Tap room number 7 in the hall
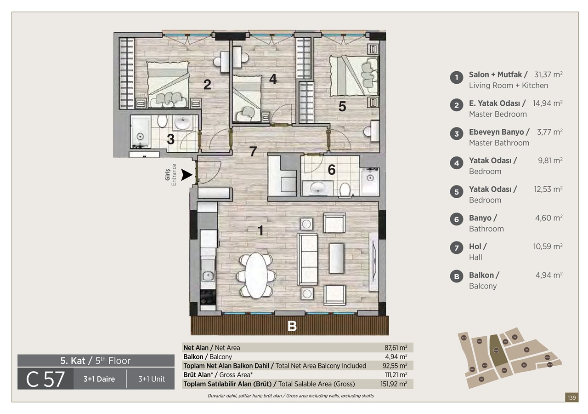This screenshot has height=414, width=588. coord(253,151)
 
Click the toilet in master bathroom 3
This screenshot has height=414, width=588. coord(162,121)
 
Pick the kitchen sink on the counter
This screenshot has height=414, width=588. coord(208,276)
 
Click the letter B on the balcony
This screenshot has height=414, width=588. coord(292,326)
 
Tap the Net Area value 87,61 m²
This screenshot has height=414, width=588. coord(396,348)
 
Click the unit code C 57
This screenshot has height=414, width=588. coord(45,379)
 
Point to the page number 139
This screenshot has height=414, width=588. coord(571,397)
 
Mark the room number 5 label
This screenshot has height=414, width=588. coord(342,106)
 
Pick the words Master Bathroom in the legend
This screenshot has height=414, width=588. coord(499,143)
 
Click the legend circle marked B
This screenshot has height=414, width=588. coord(456,277)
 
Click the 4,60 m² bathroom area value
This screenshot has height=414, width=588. coord(548,218)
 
